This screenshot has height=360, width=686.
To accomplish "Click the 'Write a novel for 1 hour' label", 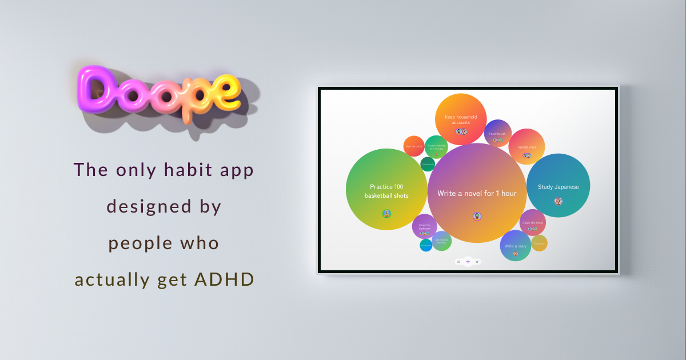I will pyautogui.click(x=477, y=193).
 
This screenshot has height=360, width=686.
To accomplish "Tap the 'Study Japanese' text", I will pyautogui.click(x=558, y=187).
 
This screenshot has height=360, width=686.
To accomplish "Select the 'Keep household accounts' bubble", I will pyautogui.click(x=461, y=119).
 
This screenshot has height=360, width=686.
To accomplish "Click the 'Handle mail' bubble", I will pyautogui.click(x=527, y=146).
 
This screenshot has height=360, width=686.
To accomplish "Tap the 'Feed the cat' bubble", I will pyautogui.click(x=497, y=133).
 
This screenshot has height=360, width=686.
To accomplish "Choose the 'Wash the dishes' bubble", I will pyautogui.click(x=414, y=146).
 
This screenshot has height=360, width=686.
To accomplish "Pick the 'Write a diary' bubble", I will pyautogui.click(x=515, y=246).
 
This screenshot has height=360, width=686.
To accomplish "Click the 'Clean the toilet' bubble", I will pyautogui.click(x=533, y=223).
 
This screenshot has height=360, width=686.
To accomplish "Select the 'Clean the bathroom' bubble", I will pyautogui.click(x=425, y=226).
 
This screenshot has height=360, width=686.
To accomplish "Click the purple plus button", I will pyautogui.click(x=468, y=262).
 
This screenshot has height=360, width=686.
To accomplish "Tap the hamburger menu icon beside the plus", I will pyautogui.click(x=458, y=262).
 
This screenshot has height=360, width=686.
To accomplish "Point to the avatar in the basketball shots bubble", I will pyautogui.click(x=387, y=214).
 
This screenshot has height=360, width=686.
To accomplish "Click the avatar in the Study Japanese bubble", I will pyautogui.click(x=558, y=201).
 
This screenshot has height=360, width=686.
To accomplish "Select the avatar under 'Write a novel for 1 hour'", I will pyautogui.click(x=477, y=216).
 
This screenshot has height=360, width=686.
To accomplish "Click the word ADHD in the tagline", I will pyautogui.click(x=225, y=279).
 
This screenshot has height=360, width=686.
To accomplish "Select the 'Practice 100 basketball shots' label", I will pyautogui.click(x=387, y=191).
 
